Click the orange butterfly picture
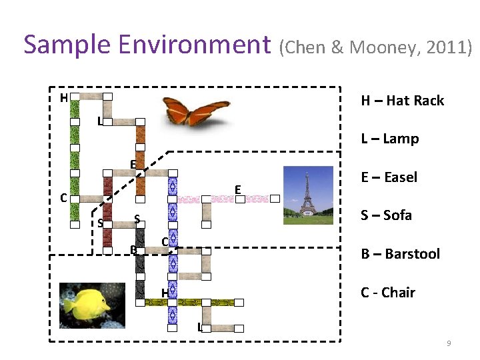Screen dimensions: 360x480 193,111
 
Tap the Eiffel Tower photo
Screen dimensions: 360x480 307,191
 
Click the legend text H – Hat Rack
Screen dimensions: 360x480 402,101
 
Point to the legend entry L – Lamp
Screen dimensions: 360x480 389,139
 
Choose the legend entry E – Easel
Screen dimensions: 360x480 389,177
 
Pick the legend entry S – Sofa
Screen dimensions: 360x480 386,215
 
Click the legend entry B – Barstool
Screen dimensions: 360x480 400,254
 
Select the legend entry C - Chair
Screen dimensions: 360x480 387,293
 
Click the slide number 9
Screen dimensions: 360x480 449,343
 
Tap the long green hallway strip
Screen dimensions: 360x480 75,147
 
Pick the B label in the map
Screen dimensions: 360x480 133,250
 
